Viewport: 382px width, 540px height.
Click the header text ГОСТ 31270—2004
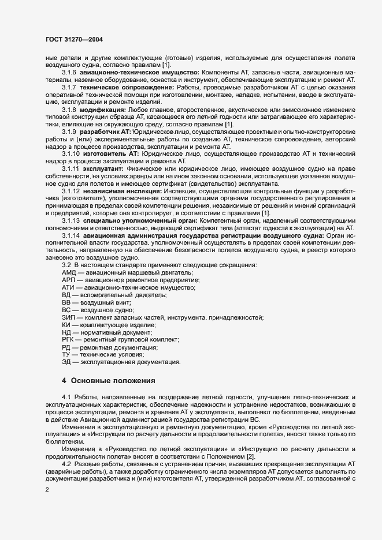75,39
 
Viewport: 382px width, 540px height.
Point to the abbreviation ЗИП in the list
68,317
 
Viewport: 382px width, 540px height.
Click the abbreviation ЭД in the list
66,362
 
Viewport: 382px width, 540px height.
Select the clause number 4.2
66,448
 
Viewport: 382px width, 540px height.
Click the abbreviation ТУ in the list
66,355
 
